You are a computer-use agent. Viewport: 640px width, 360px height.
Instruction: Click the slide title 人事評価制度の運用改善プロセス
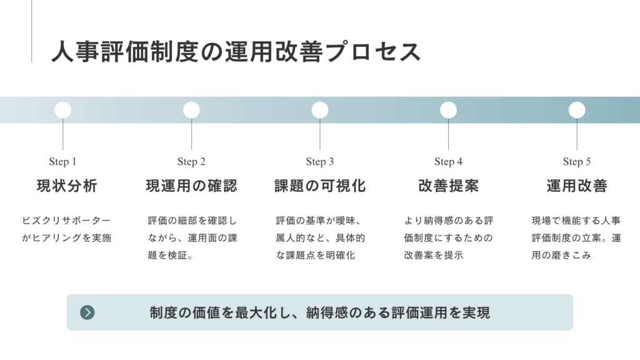click(x=236, y=52)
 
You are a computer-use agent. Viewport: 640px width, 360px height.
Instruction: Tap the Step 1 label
click(x=63, y=162)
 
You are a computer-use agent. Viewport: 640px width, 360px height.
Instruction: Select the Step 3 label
click(x=320, y=162)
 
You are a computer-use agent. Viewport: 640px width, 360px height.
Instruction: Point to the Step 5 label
click(x=577, y=162)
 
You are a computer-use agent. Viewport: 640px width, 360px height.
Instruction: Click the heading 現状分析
click(x=67, y=186)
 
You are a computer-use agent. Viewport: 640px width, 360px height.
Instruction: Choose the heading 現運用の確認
click(x=191, y=186)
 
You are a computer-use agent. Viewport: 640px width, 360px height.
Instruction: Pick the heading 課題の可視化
click(x=320, y=186)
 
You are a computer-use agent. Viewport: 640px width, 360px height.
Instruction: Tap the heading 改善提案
click(x=449, y=186)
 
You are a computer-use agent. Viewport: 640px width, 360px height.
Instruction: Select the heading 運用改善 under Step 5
click(x=577, y=186)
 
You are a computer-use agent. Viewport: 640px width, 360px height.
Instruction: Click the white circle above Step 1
click(x=63, y=110)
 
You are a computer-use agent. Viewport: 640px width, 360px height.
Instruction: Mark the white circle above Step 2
click(x=191, y=110)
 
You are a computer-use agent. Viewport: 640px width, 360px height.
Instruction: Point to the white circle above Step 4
click(x=449, y=110)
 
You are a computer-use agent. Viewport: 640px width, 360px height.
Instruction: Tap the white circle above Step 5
click(x=577, y=110)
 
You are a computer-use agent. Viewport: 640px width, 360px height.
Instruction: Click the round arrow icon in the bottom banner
click(x=87, y=312)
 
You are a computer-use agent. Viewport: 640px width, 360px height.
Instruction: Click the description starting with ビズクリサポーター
click(x=66, y=229)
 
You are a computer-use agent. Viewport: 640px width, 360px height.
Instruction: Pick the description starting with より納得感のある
click(x=449, y=238)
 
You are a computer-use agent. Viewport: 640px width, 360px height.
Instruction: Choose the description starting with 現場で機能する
click(x=576, y=238)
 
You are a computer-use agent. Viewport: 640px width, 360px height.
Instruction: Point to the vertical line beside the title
click(x=31, y=31)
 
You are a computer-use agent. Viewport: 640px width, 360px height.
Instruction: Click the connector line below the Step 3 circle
click(x=320, y=134)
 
